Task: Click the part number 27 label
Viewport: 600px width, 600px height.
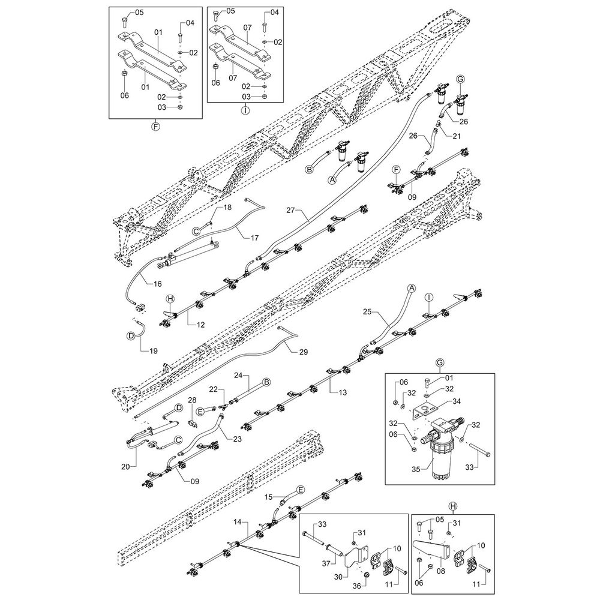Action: [291, 211]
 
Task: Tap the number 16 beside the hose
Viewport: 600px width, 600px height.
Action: [158, 284]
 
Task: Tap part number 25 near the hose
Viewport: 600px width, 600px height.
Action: [368, 311]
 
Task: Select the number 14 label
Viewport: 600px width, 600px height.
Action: [240, 523]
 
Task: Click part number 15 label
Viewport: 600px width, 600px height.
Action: [269, 497]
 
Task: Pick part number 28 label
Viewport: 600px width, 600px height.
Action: [193, 400]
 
